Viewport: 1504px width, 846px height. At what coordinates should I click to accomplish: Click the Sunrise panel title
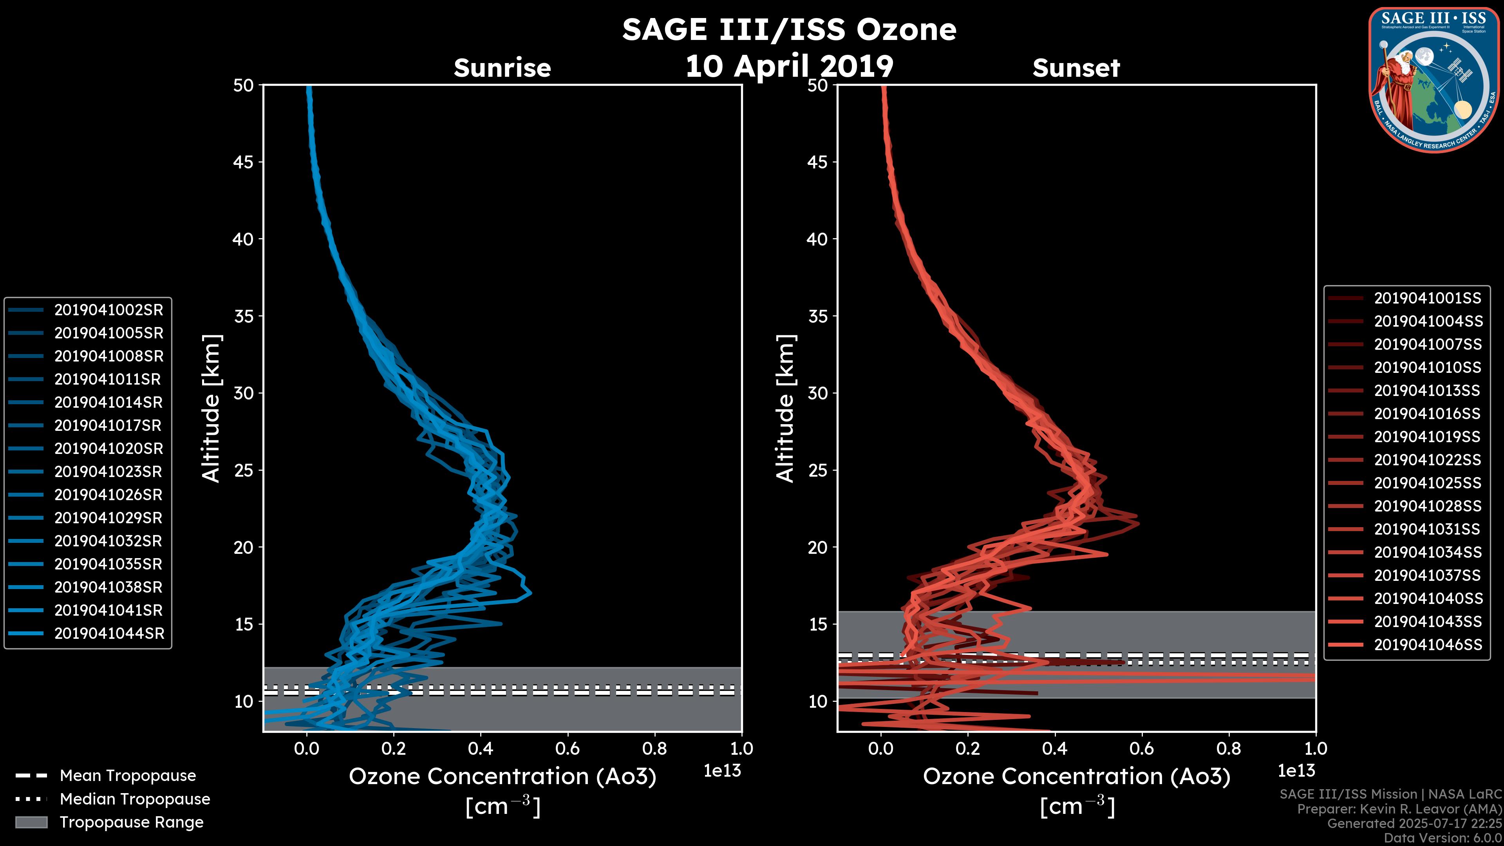click(502, 68)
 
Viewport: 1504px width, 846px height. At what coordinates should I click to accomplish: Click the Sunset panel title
click(1076, 68)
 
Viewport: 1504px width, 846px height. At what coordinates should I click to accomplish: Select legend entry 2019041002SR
click(108, 310)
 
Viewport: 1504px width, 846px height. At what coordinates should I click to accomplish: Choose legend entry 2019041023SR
click(108, 472)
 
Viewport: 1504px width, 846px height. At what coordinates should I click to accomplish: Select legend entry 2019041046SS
click(1428, 645)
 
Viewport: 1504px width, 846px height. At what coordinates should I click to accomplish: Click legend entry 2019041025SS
click(1428, 483)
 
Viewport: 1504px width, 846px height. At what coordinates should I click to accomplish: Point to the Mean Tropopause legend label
click(128, 775)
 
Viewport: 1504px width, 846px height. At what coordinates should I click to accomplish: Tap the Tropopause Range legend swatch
click(31, 822)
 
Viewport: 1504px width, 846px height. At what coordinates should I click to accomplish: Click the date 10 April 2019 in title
click(789, 66)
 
